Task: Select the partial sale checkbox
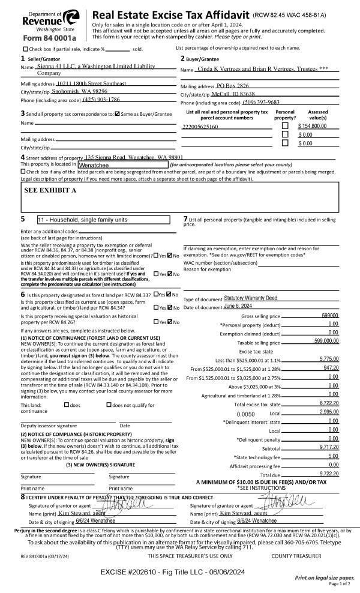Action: [x=25, y=49]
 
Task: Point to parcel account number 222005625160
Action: [x=200, y=127]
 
